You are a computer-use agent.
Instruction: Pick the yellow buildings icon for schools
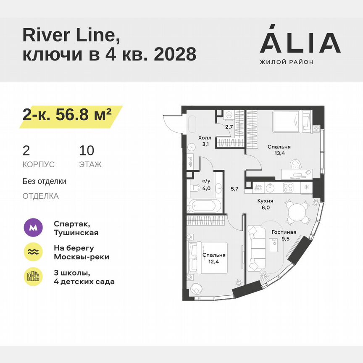(33, 277)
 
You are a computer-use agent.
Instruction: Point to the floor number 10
(87, 150)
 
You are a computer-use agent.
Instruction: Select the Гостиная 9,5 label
(284, 235)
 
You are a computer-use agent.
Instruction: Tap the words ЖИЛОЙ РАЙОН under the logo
(287, 62)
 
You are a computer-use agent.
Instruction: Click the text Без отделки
(45, 181)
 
